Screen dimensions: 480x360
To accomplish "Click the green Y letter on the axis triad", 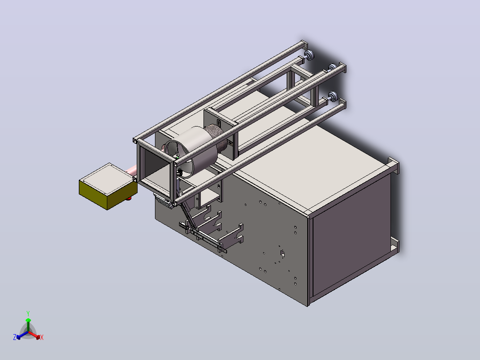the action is point(28,313).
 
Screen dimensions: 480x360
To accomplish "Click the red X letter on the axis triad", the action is point(42,337).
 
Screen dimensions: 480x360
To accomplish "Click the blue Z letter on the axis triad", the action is point(15,337).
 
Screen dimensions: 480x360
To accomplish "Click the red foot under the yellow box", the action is point(129,199).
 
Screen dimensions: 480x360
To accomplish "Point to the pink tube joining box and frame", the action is point(132,170).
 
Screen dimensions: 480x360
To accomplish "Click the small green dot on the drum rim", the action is point(177,157).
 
